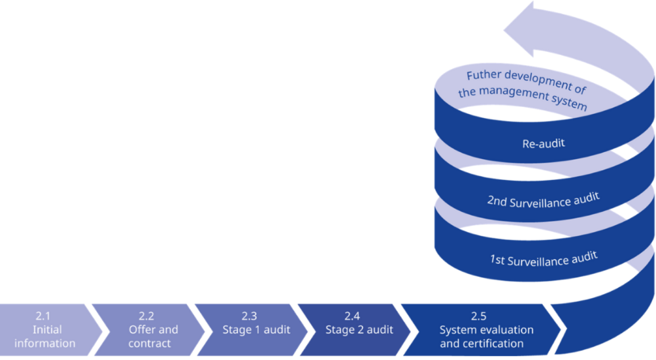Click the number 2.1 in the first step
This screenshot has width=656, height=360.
[x=43, y=316]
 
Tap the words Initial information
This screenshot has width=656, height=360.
[x=45, y=337]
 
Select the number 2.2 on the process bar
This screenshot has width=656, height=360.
[x=146, y=316]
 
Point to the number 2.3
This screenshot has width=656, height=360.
[x=249, y=316]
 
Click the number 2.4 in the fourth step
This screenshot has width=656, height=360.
[x=352, y=316]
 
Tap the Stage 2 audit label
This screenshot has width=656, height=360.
[x=359, y=330]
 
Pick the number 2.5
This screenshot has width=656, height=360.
[x=479, y=316]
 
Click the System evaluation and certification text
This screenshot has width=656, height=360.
[x=486, y=337]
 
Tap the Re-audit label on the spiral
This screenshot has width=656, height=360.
[x=544, y=144]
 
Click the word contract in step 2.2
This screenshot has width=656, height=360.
[x=149, y=344]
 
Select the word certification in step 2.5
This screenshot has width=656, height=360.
[x=496, y=344]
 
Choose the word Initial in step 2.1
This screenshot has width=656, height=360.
[x=47, y=330]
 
